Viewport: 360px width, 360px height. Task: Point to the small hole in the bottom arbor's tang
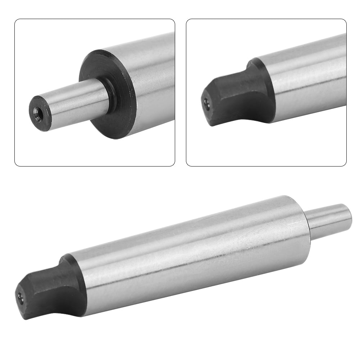click(x=20, y=298)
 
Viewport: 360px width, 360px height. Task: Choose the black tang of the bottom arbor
click(x=47, y=291)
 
